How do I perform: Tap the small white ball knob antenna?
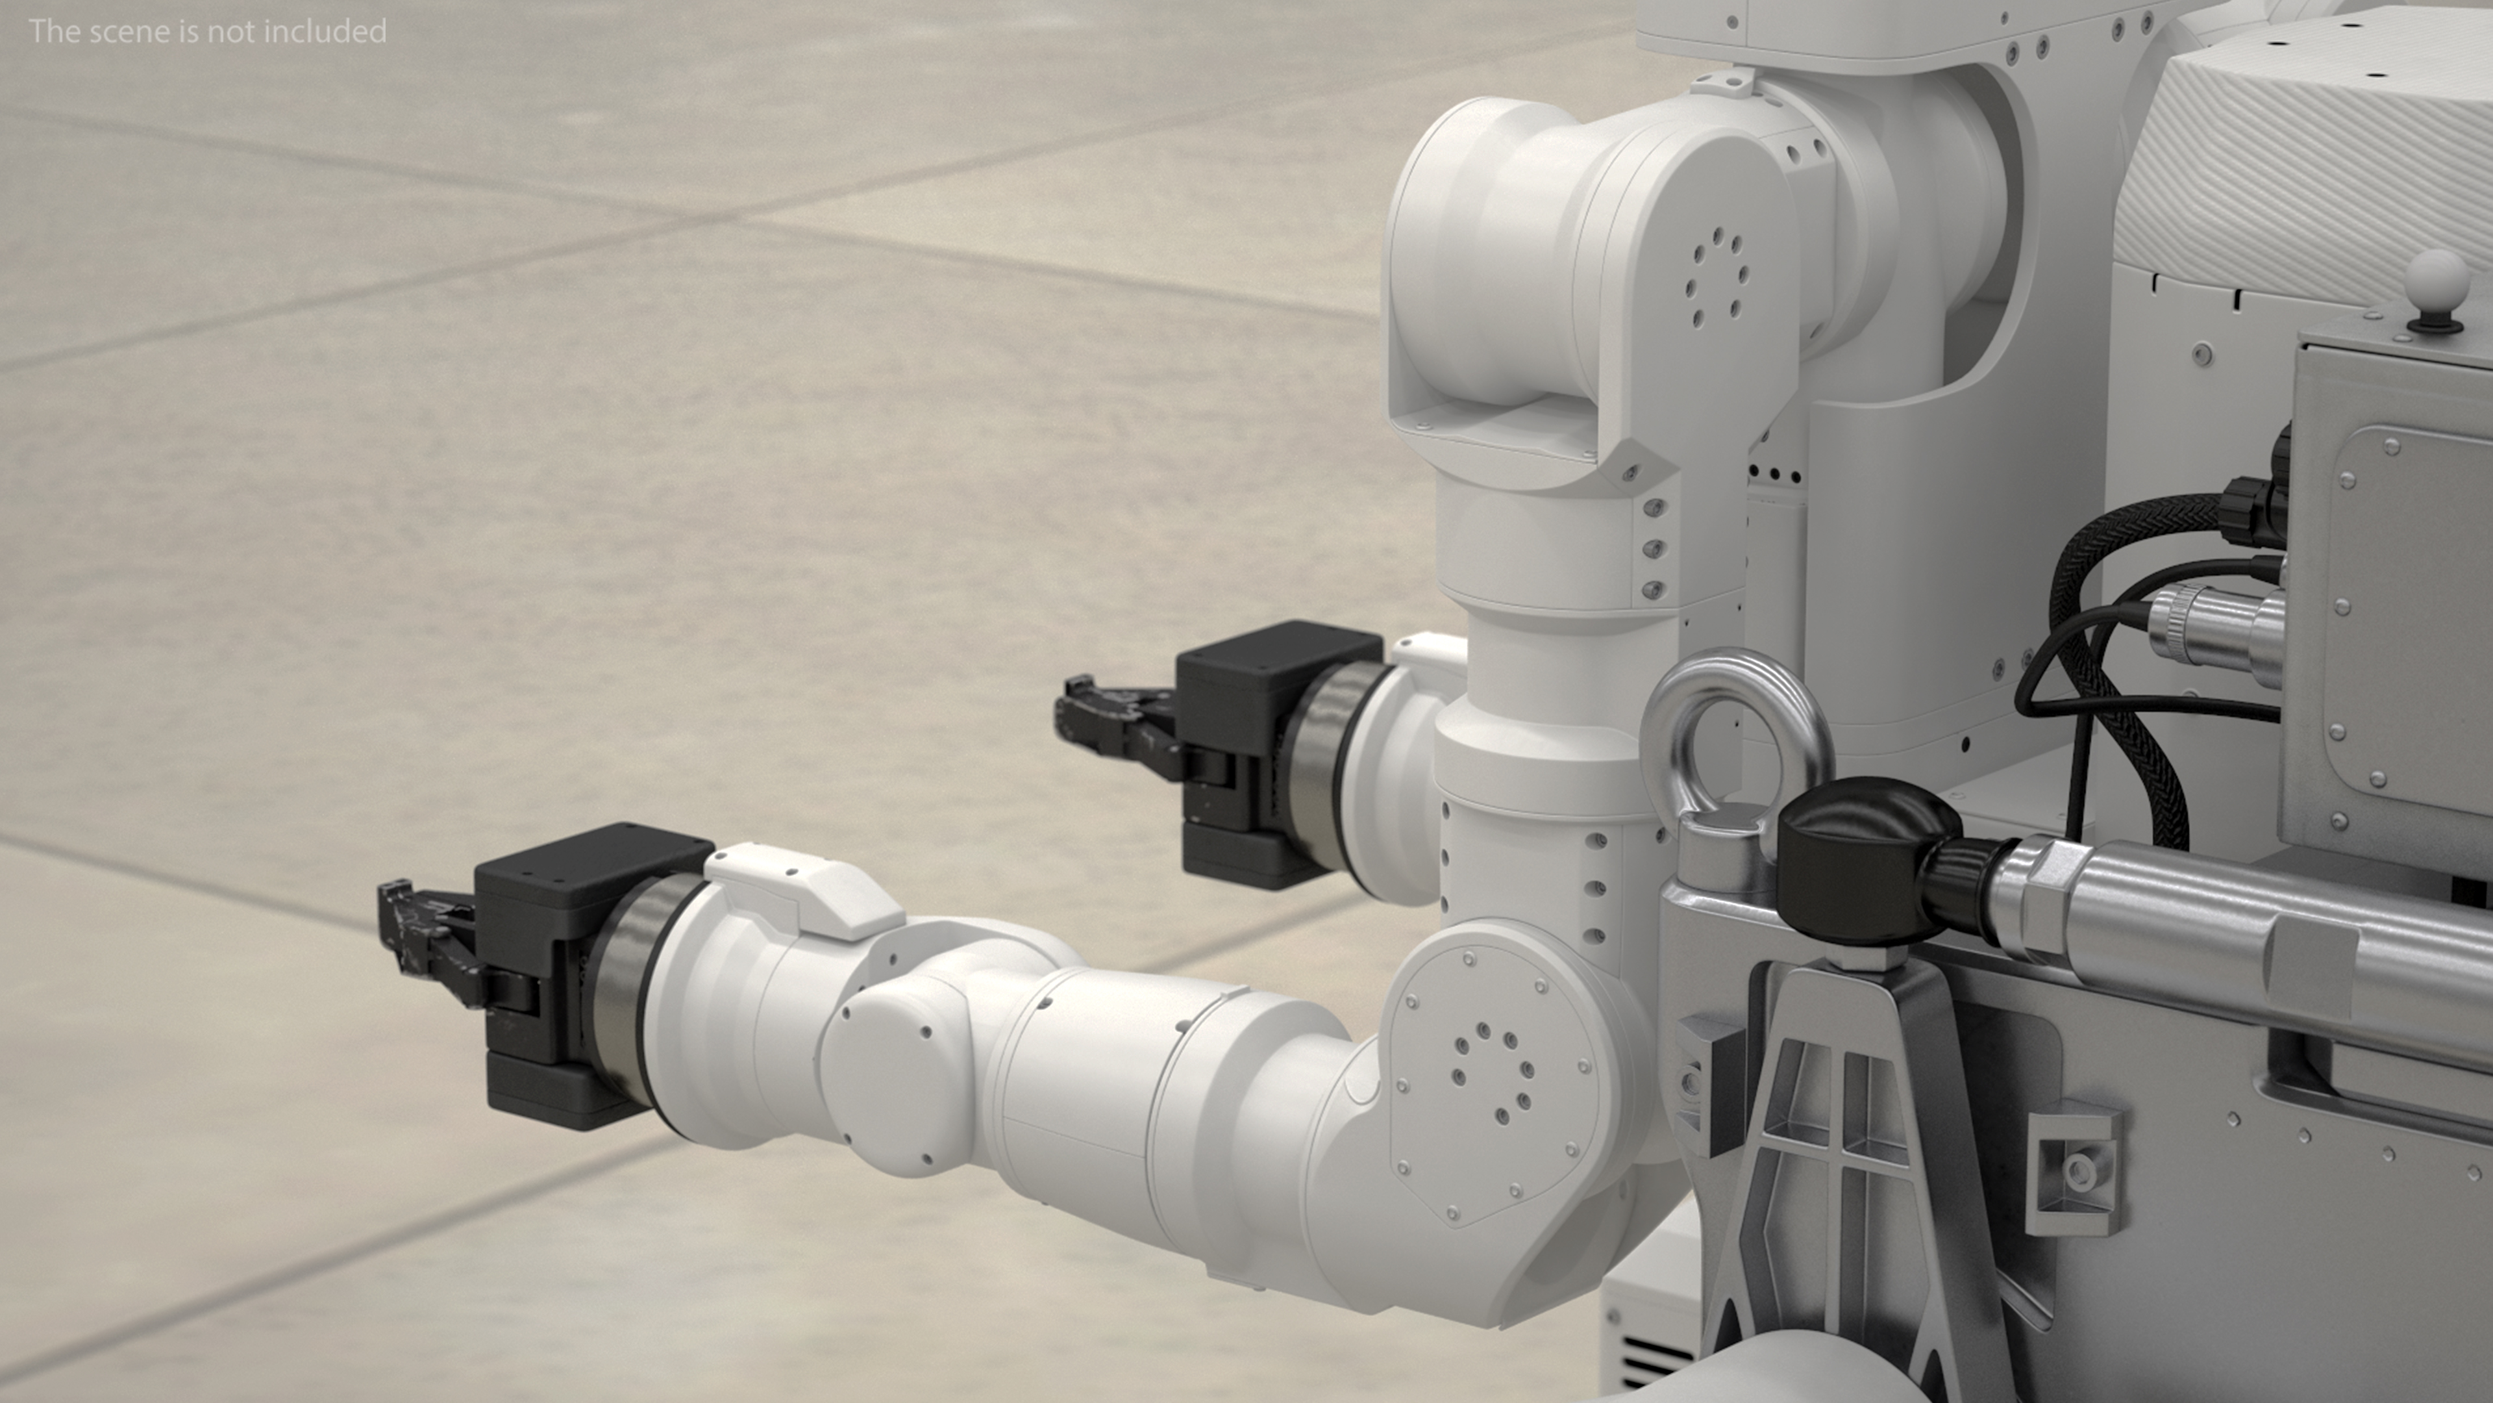[x=2435, y=279]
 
